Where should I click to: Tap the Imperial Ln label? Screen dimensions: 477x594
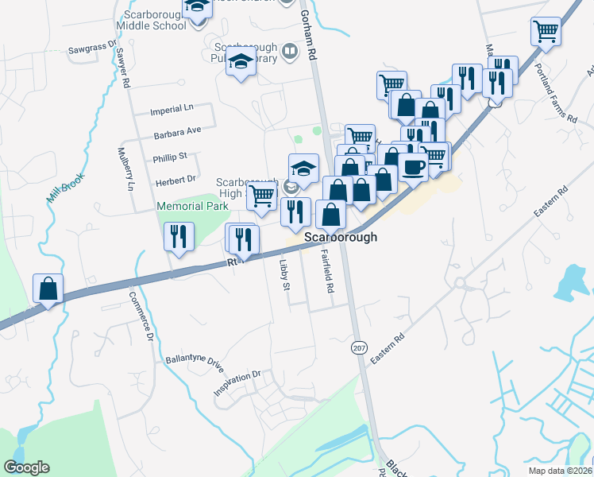tap(172, 110)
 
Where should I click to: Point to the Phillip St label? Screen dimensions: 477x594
tap(170, 157)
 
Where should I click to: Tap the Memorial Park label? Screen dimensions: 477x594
tap(192, 206)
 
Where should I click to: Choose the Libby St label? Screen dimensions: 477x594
tap(284, 274)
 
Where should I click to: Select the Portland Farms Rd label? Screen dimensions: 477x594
tap(556, 93)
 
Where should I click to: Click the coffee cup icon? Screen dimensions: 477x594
tap(413, 166)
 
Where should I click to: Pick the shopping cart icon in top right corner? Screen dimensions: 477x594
tap(546, 31)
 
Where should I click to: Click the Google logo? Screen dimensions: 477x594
tap(26, 467)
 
